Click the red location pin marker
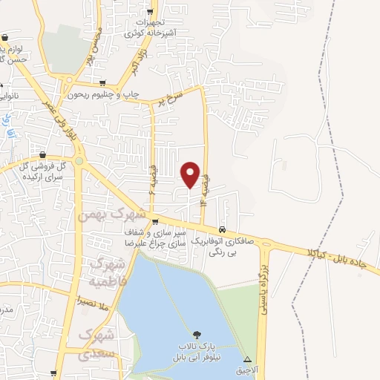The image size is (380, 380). click(191, 174)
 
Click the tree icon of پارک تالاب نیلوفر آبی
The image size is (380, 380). click(197, 334)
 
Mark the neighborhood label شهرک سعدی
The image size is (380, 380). click(101, 342)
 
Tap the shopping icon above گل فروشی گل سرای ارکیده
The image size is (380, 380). click(42, 155)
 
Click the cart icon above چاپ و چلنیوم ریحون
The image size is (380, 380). click(102, 83)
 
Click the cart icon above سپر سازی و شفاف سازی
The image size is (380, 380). click(154, 221)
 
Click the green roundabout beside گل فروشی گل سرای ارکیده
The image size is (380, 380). click(79, 160)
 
